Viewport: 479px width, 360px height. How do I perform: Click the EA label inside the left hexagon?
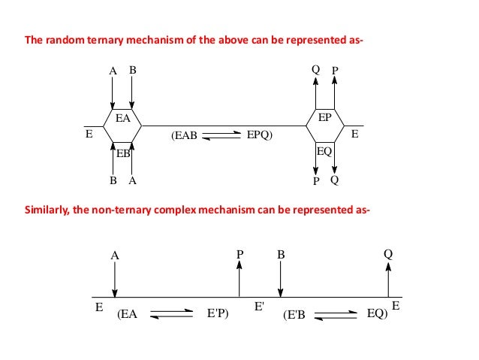(122, 118)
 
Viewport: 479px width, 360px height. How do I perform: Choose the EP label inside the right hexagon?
(324, 118)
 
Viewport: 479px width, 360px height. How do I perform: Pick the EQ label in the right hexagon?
(324, 150)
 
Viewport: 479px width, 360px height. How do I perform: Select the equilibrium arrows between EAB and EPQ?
(219, 137)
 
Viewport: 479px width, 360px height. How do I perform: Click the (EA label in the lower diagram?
(128, 316)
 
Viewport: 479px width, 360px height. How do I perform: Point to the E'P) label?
(217, 316)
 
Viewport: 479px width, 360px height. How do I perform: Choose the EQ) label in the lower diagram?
(377, 316)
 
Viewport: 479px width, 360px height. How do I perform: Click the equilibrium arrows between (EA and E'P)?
(172, 316)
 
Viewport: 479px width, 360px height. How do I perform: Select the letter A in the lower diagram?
(115, 255)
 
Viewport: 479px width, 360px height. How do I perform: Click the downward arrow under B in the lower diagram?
(279, 280)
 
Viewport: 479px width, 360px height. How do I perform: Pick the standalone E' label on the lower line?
(259, 307)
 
